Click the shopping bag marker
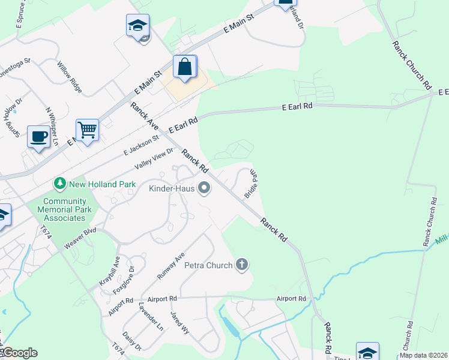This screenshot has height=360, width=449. (185, 67)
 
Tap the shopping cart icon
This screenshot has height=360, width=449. (87, 130)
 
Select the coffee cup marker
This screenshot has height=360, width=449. (39, 137)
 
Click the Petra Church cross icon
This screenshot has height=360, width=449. (242, 265)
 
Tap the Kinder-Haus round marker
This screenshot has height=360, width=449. (204, 189)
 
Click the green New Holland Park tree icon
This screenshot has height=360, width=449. (59, 184)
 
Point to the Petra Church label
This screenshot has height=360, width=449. (208, 265)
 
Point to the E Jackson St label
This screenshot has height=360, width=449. (142, 145)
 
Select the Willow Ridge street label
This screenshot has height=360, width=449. (70, 77)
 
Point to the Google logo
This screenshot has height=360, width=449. (19, 353)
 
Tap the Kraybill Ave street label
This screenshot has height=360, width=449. (110, 273)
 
